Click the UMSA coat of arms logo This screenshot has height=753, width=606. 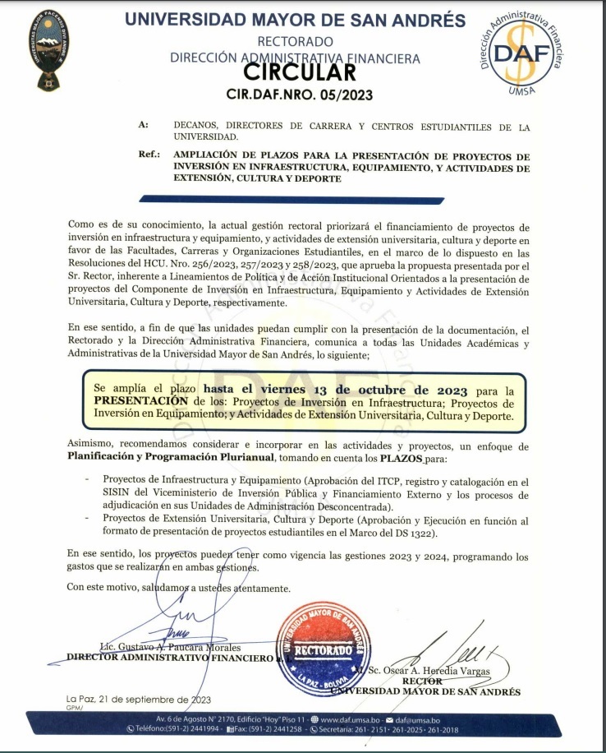tap(48, 51)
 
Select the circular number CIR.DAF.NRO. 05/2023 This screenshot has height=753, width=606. tap(299, 95)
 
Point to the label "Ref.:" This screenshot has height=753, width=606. tap(149, 155)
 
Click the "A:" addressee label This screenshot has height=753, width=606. tap(144, 126)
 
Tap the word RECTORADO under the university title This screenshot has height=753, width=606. tap(295, 41)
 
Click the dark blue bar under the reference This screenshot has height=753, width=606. tap(292, 199)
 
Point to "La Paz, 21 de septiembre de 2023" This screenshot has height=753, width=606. tap(139, 700)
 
